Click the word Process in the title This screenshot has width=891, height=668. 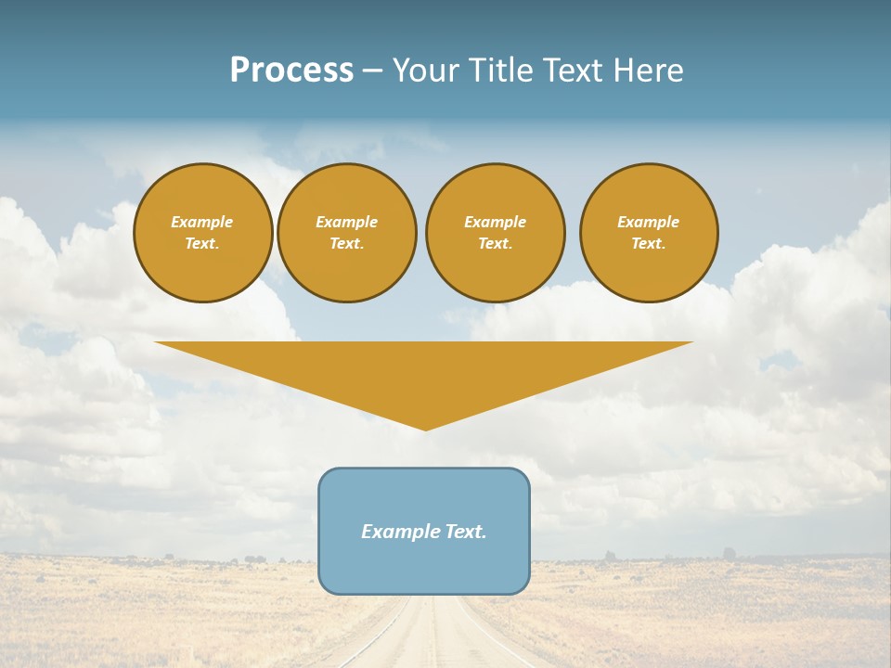tap(291, 71)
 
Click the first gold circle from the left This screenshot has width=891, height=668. tap(202, 233)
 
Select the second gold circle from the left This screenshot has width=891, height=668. tap(346, 233)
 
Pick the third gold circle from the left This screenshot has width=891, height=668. tap(495, 233)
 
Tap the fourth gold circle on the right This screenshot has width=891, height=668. tap(648, 233)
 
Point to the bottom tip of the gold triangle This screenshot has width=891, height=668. tap(425, 429)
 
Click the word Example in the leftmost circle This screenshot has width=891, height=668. tap(202, 222)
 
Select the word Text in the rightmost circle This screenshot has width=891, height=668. tap(648, 244)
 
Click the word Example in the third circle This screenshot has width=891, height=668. tap(495, 222)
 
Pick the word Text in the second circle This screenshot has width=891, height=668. tap(346, 244)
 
